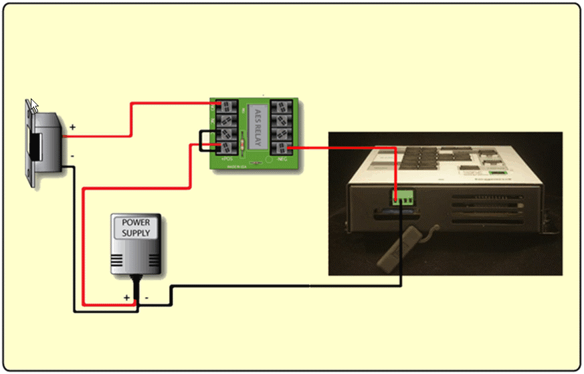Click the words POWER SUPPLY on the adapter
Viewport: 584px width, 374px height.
pyautogui.click(x=136, y=227)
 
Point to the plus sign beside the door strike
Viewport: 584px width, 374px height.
pyautogui.click(x=72, y=126)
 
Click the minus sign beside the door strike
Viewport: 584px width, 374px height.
pyautogui.click(x=72, y=157)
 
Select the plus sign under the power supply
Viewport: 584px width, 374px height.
pyautogui.click(x=126, y=297)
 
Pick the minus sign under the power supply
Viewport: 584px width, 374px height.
pyautogui.click(x=147, y=297)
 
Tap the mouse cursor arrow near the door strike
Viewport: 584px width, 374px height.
pyautogui.click(x=34, y=105)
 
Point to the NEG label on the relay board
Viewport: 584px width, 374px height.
pyautogui.click(x=282, y=159)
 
